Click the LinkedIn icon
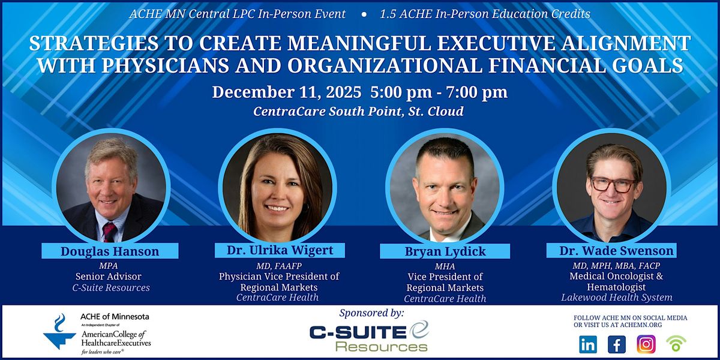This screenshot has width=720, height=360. [x=588, y=344]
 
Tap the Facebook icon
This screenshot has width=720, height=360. [x=617, y=344]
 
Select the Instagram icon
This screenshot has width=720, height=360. [x=646, y=344]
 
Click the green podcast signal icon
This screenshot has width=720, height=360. [x=676, y=344]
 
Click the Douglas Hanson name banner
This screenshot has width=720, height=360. [x=110, y=251]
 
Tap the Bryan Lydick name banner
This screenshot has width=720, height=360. [x=444, y=251]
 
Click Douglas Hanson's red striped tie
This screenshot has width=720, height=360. [x=109, y=230]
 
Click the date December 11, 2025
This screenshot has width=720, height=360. [x=286, y=92]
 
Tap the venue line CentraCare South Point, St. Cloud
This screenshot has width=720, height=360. [x=359, y=112]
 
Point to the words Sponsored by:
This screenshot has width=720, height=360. [x=371, y=313]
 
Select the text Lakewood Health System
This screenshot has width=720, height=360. [x=617, y=298]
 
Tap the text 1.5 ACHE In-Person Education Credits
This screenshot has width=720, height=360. [x=485, y=14]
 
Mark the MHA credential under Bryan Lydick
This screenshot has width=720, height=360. [x=444, y=266]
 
